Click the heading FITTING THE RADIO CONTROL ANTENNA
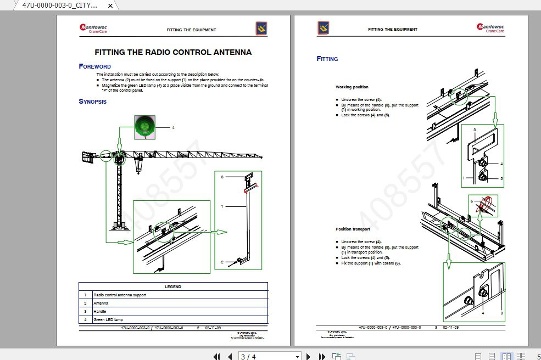173,53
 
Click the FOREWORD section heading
95,66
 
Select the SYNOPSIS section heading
93,102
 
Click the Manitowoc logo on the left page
92,29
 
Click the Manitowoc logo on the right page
490,29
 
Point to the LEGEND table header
173,286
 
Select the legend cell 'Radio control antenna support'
120,295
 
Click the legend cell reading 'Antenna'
101,303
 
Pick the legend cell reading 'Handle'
99,311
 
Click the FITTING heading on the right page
327,59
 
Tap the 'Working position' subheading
352,87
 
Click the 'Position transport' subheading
353,229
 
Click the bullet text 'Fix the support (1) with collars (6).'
371,263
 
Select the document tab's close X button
110,5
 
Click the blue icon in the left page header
261,29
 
